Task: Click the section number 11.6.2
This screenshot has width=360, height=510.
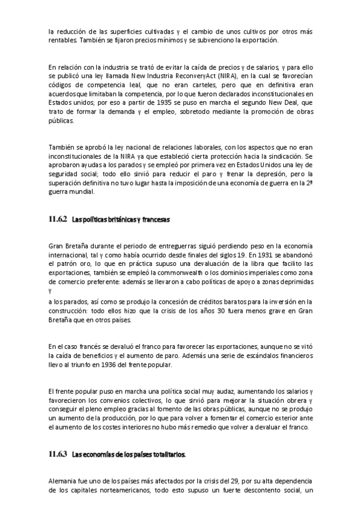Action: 58,220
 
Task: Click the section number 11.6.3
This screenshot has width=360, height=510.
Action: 58,455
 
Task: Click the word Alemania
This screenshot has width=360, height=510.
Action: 62,481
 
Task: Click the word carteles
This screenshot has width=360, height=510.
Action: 198,87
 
